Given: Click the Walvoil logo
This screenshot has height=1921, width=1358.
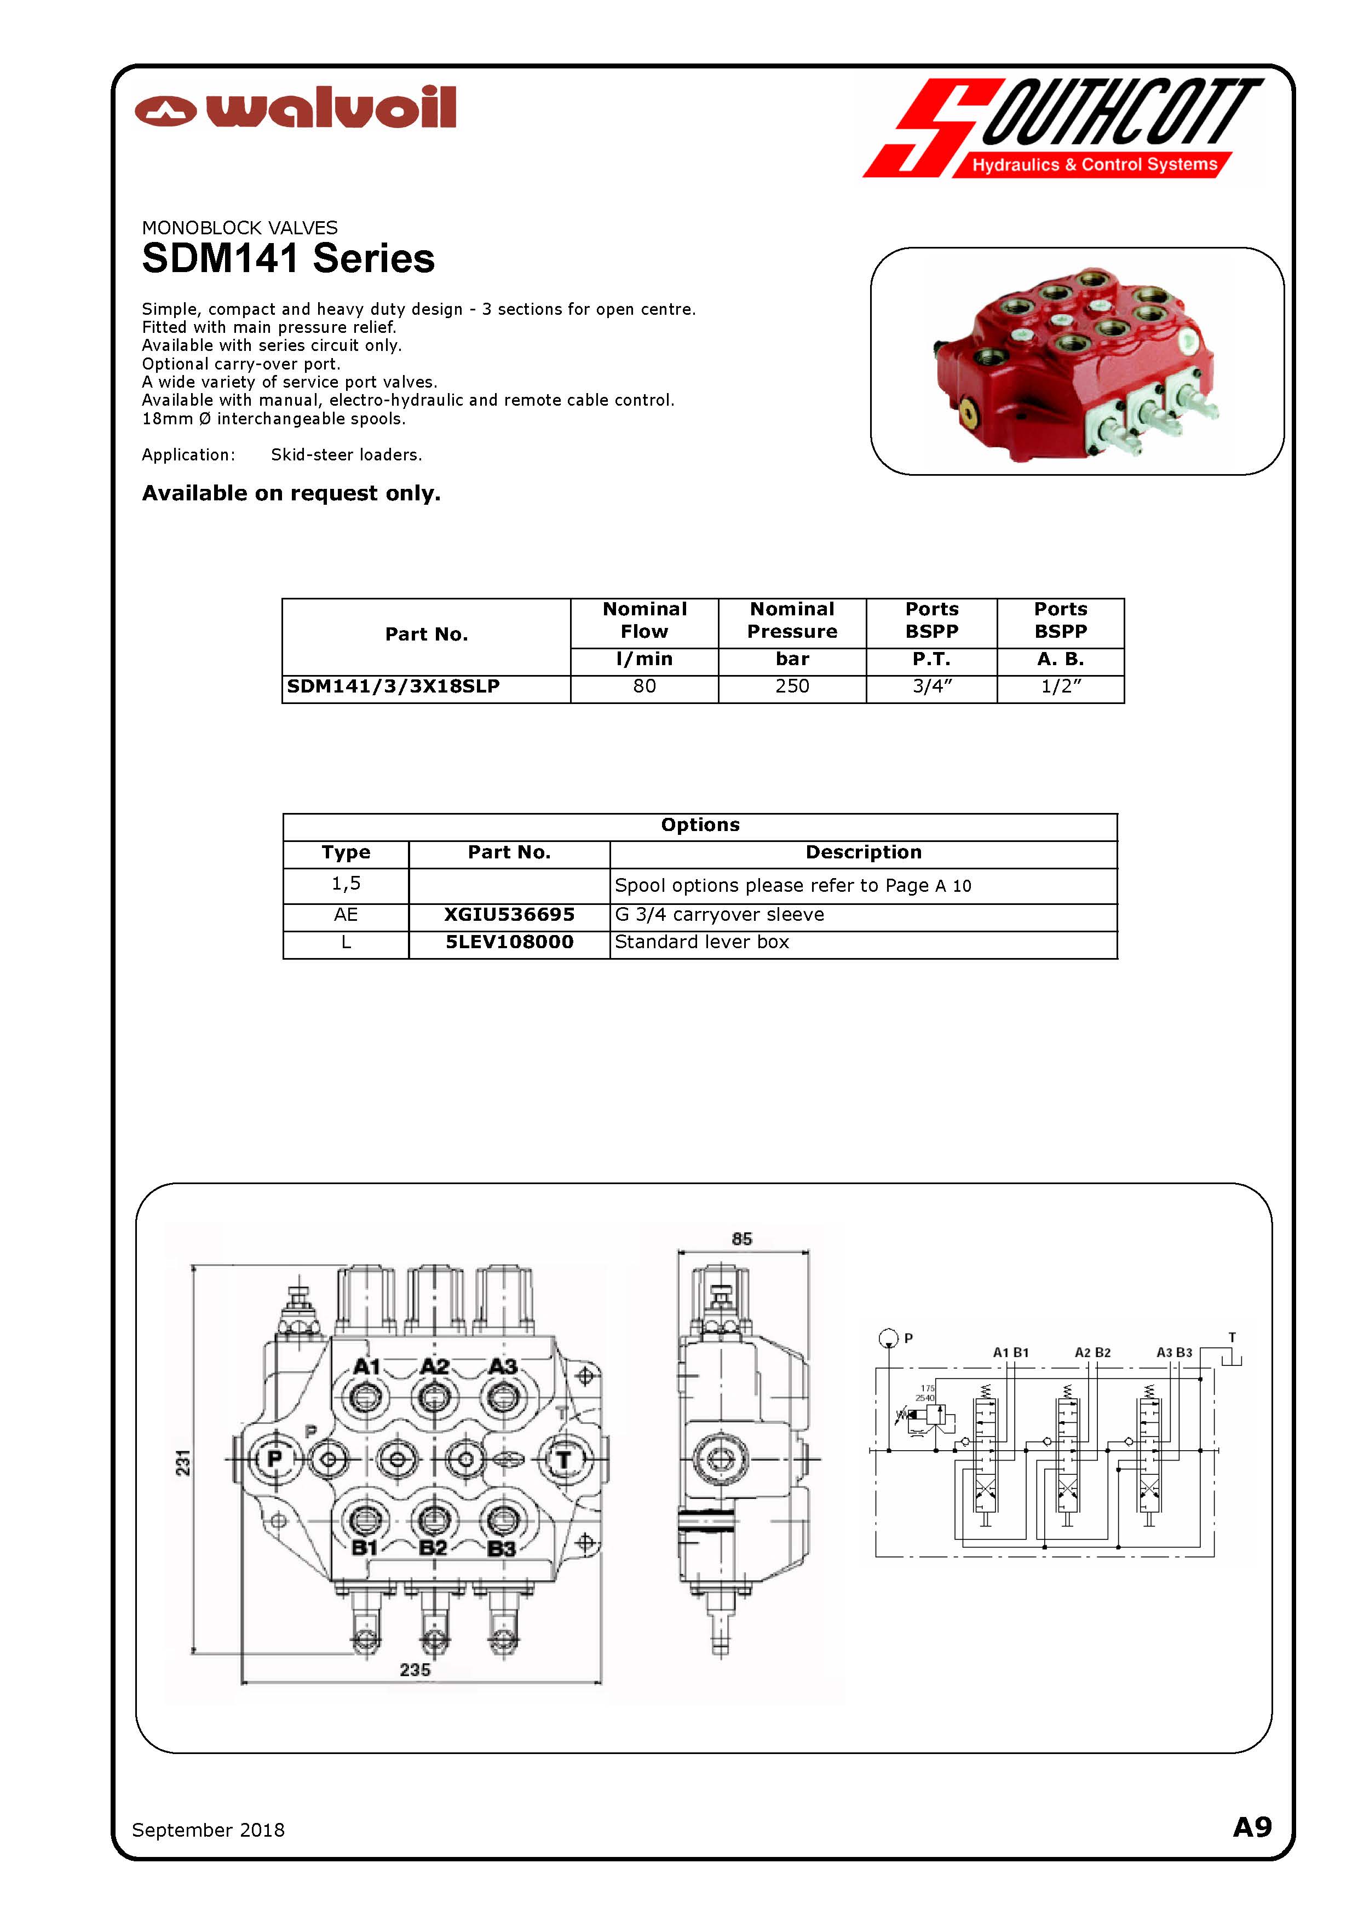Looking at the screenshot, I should pyautogui.click(x=295, y=108).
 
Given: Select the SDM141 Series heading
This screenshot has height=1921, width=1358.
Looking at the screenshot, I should pyautogui.click(x=288, y=258).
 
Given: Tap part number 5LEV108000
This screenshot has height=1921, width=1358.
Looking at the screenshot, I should pyautogui.click(x=509, y=943).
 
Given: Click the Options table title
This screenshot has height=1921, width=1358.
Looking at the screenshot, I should pyautogui.click(x=699, y=825).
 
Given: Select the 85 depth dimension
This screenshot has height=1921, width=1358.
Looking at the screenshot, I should pyautogui.click(x=741, y=1239).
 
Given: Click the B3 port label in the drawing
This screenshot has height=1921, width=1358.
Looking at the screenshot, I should pyautogui.click(x=500, y=1549).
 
